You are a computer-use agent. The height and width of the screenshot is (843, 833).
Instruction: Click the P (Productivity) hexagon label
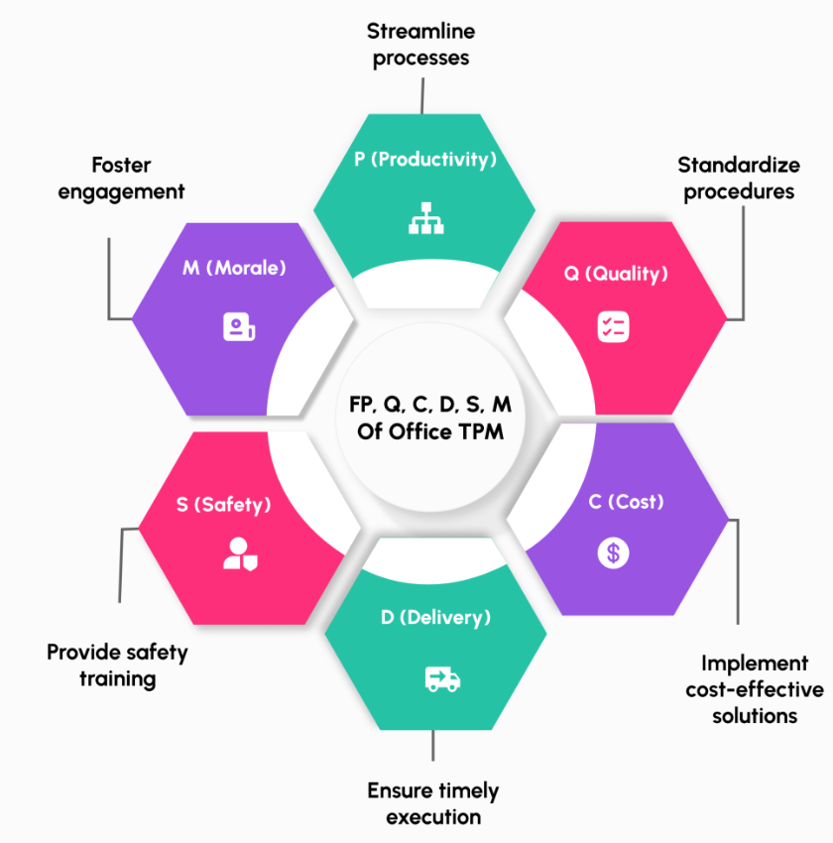click(424, 159)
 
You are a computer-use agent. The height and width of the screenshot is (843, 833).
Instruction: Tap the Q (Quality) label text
click(616, 274)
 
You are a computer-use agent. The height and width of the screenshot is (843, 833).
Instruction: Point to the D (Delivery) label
click(435, 618)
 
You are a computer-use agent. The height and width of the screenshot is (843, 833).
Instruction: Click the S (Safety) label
click(223, 505)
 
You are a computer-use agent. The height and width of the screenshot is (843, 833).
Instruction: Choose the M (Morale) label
click(234, 268)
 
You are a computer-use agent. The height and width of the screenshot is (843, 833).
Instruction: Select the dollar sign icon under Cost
click(613, 552)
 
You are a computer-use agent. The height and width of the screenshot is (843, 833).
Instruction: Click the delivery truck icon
click(441, 678)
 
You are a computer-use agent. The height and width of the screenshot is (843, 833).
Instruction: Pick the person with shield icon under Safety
click(241, 553)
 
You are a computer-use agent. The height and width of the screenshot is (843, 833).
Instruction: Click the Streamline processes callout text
click(420, 45)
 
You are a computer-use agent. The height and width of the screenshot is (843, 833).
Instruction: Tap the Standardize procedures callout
click(738, 178)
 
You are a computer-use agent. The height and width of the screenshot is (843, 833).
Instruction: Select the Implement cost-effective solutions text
click(754, 688)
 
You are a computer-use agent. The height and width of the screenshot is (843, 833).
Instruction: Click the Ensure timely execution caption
click(433, 803)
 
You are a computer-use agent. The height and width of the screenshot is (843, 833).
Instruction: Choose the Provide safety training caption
click(117, 665)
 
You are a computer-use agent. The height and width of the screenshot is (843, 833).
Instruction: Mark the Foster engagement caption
click(121, 178)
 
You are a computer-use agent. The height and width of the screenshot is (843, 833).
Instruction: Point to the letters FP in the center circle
click(361, 405)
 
